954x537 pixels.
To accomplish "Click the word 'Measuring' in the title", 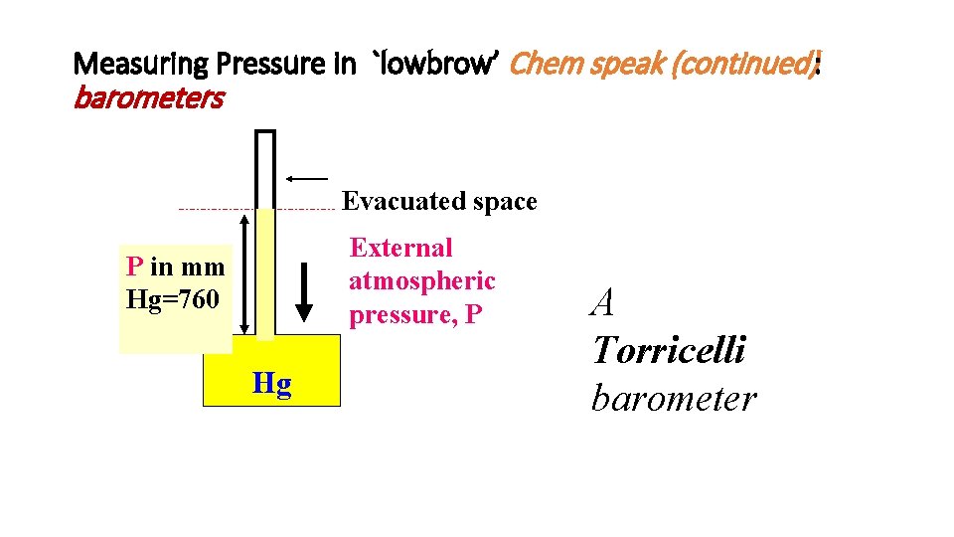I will point(142,66).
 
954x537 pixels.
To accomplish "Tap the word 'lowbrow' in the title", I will point(433,66).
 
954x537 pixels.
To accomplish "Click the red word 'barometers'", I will point(149,98).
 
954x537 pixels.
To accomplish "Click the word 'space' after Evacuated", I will point(505,202).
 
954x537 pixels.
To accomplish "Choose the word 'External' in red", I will point(401,248).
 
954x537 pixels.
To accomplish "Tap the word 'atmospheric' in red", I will point(421,281).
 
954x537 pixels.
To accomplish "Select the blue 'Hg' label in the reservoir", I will point(271,384).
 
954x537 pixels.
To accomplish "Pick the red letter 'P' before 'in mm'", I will point(134,267).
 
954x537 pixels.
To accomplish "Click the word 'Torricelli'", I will point(668,350).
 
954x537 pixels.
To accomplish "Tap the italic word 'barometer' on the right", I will point(673,399).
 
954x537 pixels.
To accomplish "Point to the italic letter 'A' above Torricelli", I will point(602,302).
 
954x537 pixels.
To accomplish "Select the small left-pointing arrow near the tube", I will point(306,178).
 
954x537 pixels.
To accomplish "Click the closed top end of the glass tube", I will point(265,133).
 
